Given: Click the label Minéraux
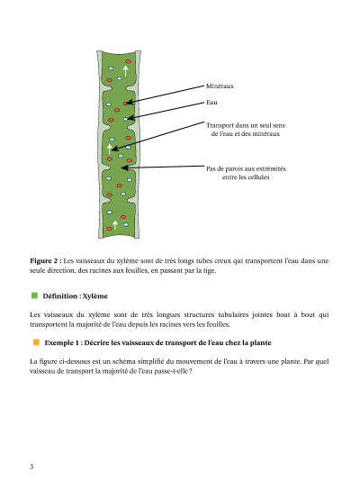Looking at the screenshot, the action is (220, 86).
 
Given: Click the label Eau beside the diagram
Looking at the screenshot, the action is (211, 103).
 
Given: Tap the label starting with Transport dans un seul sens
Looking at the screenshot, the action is (246, 130).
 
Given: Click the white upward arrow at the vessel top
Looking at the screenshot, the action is (125, 70).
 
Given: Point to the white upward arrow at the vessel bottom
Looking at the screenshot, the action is (115, 225).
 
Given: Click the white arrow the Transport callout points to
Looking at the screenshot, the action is (110, 149).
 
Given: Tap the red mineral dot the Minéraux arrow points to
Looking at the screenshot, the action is (125, 104).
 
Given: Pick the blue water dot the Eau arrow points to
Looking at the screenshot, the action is (125, 119).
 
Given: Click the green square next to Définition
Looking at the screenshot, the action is (34, 295).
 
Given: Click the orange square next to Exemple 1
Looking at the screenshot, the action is (36, 342).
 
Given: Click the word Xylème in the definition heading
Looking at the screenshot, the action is (95, 296).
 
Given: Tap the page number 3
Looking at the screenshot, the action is (31, 466).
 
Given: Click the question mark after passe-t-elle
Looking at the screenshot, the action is (191, 371).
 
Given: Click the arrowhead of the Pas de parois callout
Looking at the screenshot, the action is (123, 168).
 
